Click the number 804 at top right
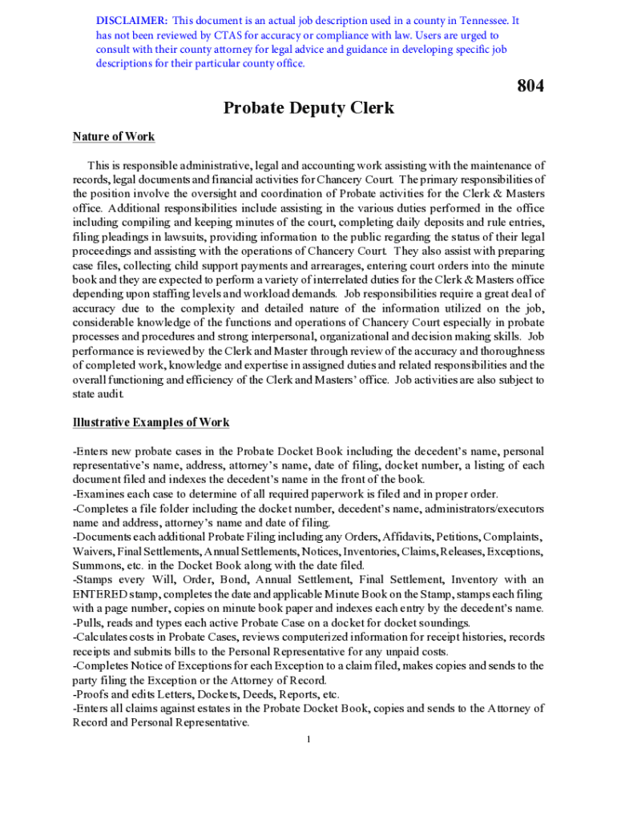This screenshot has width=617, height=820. (530, 86)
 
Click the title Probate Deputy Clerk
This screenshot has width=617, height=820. (308, 107)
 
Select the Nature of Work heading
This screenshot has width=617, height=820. (114, 136)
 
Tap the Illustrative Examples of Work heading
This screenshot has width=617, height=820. (151, 422)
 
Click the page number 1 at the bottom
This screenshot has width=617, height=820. (308, 738)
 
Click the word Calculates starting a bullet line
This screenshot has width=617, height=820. (102, 637)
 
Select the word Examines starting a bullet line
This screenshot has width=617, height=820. (100, 493)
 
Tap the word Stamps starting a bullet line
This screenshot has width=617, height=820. (95, 580)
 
